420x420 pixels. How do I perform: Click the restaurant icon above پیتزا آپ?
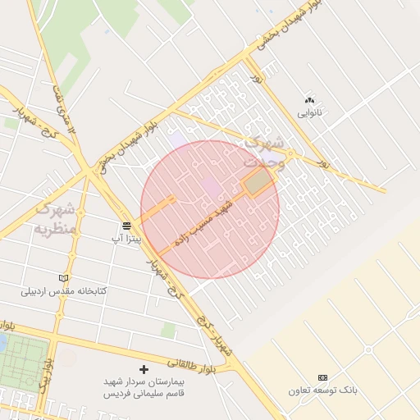127,226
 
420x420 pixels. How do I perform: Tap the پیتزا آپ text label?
127,239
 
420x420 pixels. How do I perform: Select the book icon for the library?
64,278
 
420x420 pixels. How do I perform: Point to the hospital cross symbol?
144,370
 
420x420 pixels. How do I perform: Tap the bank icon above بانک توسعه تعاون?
322,377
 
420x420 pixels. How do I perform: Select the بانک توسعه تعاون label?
322,390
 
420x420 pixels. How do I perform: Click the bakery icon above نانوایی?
309,99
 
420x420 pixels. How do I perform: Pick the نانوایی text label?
309,112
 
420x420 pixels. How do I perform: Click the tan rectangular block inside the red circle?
258,182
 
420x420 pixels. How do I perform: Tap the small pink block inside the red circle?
212,188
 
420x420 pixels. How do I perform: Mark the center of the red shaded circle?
210,209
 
